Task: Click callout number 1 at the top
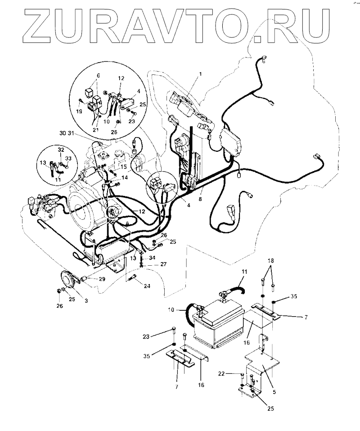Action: [201, 73]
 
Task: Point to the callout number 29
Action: [102, 280]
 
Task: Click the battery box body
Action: [218, 329]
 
